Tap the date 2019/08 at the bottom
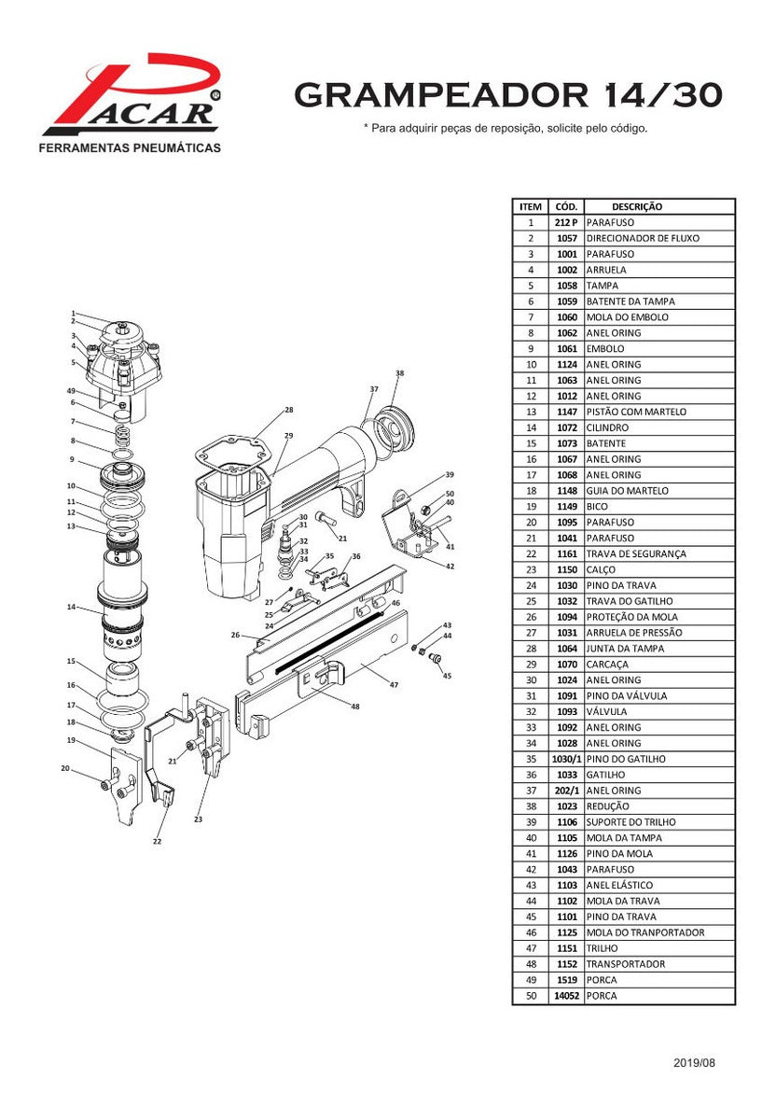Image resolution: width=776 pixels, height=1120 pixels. coord(694,1063)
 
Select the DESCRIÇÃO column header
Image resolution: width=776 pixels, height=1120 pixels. coord(637,206)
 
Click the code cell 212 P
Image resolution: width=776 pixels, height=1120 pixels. coord(566,222)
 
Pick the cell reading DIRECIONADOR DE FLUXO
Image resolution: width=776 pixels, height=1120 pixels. coord(643,238)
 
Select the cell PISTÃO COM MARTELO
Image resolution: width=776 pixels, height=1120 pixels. coord(636,412)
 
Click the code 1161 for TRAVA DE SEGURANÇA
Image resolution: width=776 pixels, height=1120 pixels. coord(566,553)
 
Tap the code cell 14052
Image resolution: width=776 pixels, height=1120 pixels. coord(566,996)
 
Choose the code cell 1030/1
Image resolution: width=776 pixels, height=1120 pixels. coord(566,759)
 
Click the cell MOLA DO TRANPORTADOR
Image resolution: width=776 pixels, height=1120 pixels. coord(645,932)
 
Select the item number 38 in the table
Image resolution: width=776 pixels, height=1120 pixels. coord(530,806)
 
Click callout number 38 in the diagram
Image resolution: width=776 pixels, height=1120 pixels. coord(399,373)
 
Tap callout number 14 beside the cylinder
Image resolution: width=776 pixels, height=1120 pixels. coord(71,608)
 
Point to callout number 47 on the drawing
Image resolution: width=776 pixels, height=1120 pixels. coord(394,685)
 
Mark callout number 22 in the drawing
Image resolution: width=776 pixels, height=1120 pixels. coord(157,841)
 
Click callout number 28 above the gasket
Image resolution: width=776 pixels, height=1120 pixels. coord(289,410)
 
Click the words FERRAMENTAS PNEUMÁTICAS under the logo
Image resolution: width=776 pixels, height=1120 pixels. coord(129,148)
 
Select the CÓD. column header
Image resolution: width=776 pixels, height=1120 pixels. coord(566,206)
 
